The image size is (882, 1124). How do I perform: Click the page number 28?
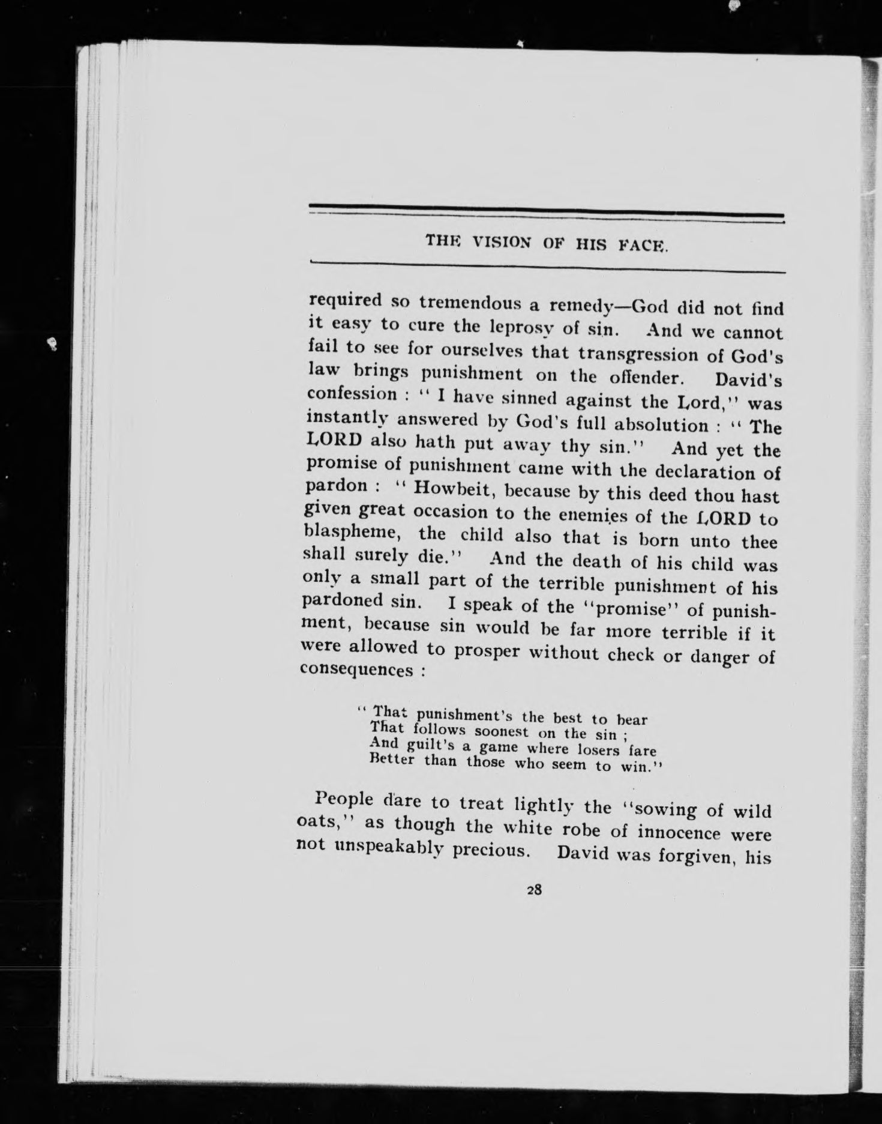point(534,891)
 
